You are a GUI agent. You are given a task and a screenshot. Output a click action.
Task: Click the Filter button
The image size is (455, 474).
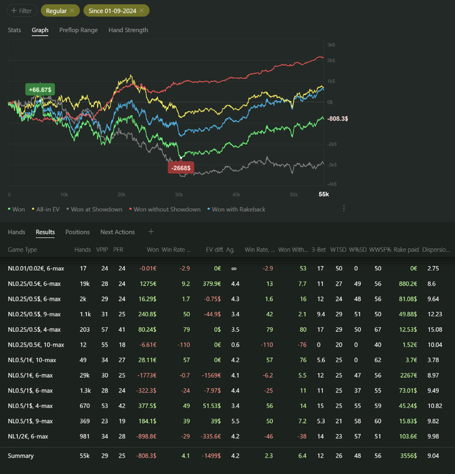tap(21, 11)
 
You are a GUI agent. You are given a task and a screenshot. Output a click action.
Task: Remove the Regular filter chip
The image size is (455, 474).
tap(71, 11)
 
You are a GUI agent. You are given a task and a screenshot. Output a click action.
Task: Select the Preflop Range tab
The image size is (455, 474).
tap(79, 30)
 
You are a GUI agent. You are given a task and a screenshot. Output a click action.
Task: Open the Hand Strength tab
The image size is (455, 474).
tap(128, 30)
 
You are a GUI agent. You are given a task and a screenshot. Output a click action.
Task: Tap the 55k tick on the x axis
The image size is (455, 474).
tap(323, 194)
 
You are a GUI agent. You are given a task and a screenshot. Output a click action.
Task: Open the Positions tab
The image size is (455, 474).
tap(77, 232)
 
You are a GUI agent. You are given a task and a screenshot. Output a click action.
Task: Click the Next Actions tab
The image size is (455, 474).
tap(118, 232)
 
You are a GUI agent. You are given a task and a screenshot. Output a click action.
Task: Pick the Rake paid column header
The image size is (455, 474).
tap(406, 250)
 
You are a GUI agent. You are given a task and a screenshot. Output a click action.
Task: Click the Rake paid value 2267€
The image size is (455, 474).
tap(408, 374)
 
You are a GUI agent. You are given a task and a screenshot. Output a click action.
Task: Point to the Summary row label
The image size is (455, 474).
tap(21, 456)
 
